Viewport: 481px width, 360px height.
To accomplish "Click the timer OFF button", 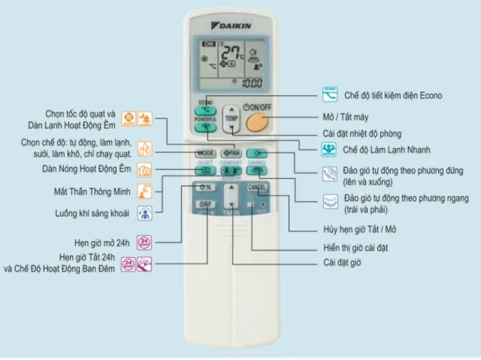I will point(204,205).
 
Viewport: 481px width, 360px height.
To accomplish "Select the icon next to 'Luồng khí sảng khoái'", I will point(144,213).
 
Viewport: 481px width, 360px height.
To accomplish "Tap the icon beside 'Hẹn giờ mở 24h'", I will point(144,241).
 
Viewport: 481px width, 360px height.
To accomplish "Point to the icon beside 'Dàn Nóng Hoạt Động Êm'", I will point(144,169).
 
